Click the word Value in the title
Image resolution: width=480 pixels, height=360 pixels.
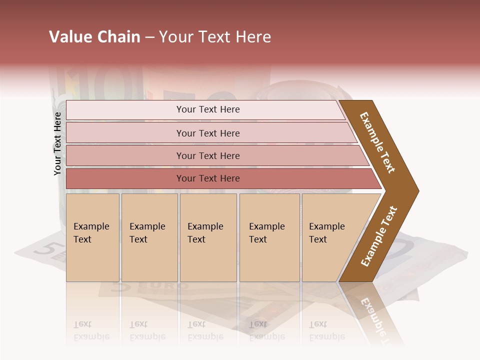[x=69, y=37]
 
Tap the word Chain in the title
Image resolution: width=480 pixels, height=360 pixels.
[x=117, y=37]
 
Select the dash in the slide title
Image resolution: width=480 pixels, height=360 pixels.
[x=149, y=37]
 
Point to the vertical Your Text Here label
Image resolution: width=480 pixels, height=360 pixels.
[x=57, y=143]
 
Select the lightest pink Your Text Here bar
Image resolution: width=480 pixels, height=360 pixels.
[x=208, y=109]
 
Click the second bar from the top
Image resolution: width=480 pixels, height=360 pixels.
[x=208, y=133]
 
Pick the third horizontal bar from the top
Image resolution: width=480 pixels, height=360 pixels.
[x=208, y=155]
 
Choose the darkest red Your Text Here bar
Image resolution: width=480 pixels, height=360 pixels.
[x=208, y=178]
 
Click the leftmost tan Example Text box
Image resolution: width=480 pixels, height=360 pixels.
[x=92, y=237]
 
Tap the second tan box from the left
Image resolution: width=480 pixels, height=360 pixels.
[x=149, y=237]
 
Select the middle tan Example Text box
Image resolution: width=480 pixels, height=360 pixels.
[x=207, y=237]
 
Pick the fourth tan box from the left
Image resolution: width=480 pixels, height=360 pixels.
[x=269, y=237]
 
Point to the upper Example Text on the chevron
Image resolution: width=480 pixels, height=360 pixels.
[x=377, y=142]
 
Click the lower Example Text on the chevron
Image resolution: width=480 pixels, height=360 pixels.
[x=379, y=236]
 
